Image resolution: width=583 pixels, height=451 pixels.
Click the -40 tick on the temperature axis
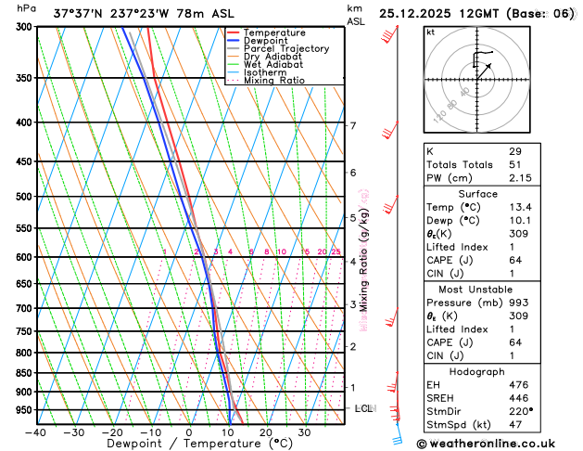coord(36,432)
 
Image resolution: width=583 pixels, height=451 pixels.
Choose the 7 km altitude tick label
coord(352,125)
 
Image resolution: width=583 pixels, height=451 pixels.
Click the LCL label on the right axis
coord(364,408)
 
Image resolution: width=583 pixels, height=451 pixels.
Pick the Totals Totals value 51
coord(514,164)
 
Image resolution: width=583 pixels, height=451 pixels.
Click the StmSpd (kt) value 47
coord(514,424)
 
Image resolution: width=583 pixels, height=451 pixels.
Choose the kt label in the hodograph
coord(430,32)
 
